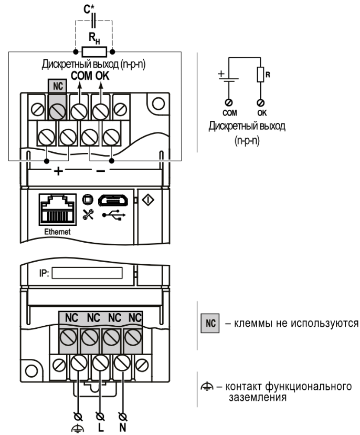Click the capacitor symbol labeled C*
(93, 20)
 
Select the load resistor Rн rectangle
(94, 52)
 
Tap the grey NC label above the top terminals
(57, 86)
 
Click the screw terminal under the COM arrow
(79, 111)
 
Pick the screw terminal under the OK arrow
(101, 111)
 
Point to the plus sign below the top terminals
(58, 171)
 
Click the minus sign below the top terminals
(100, 171)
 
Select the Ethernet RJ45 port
(58, 210)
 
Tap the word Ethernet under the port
(57, 232)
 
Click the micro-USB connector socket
(113, 200)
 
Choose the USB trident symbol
(114, 215)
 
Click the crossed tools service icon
(88, 215)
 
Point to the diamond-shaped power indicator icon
(149, 200)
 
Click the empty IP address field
(87, 273)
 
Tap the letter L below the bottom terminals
(101, 427)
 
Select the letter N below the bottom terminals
(123, 427)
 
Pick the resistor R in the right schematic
(260, 75)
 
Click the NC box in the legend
(210, 323)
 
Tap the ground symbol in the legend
(207, 387)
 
